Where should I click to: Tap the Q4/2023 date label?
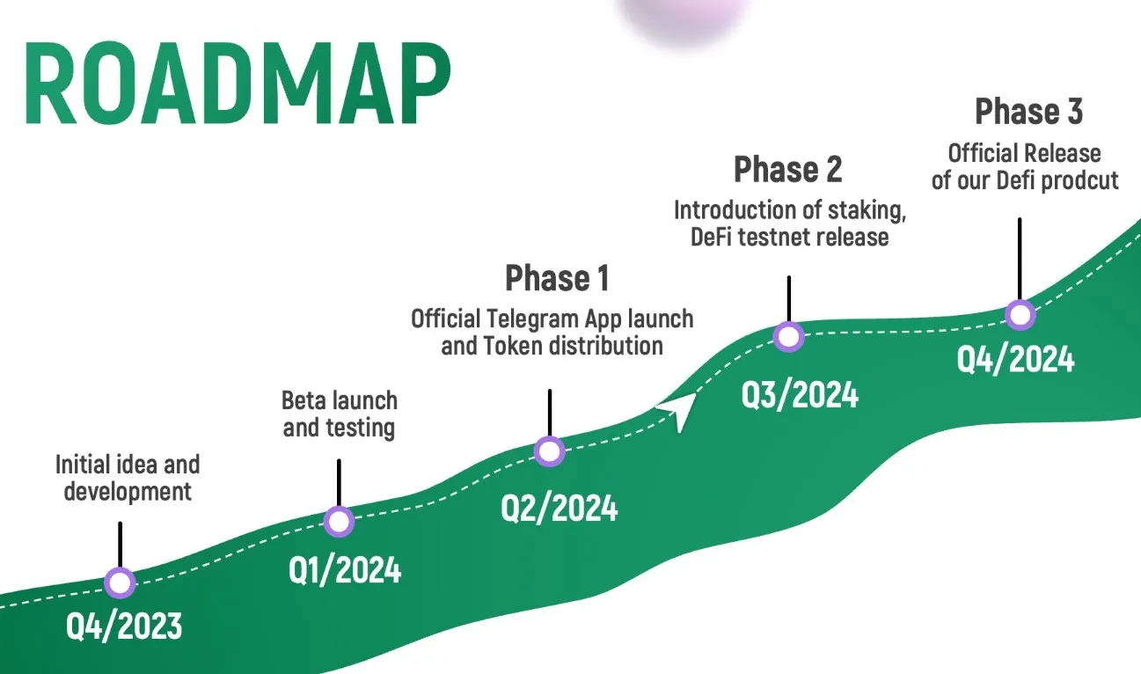click(x=124, y=626)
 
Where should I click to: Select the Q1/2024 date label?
click(x=345, y=570)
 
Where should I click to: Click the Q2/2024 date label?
click(x=560, y=508)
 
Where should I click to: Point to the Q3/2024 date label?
click(x=800, y=395)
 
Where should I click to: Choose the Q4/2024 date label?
click(x=1016, y=358)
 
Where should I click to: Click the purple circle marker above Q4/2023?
click(x=120, y=582)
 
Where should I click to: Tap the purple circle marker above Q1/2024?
click(x=339, y=522)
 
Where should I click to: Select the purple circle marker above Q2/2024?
click(x=550, y=451)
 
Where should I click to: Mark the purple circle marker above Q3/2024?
click(x=788, y=336)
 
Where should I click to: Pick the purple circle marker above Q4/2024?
click(x=1020, y=314)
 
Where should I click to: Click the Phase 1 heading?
click(x=557, y=278)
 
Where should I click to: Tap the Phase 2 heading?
click(x=787, y=168)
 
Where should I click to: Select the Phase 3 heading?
click(x=1028, y=112)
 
